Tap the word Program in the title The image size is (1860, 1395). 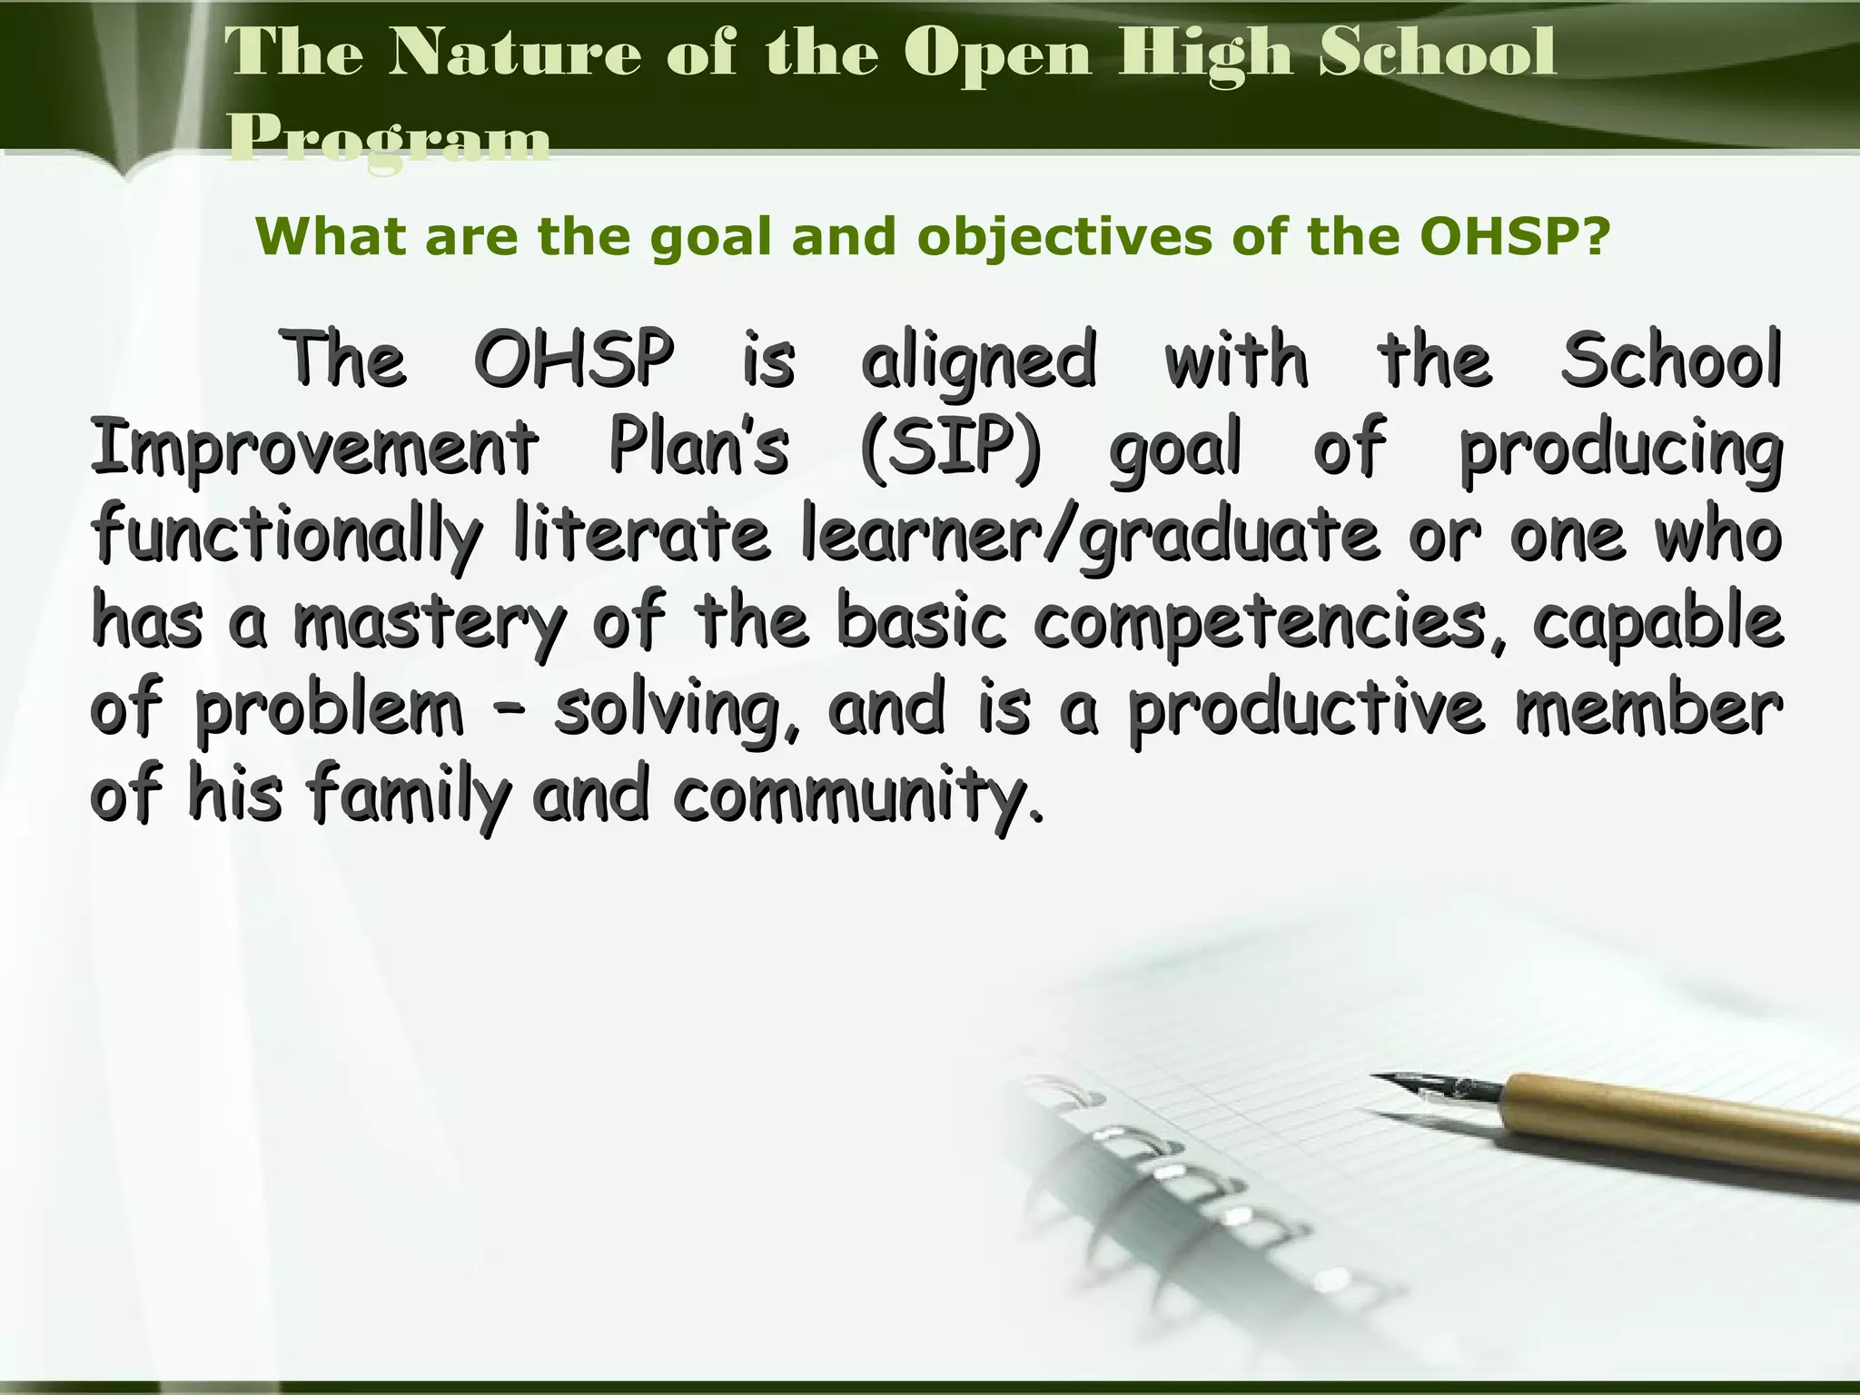pyautogui.click(x=389, y=141)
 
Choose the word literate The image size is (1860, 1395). pyautogui.click(x=641, y=534)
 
